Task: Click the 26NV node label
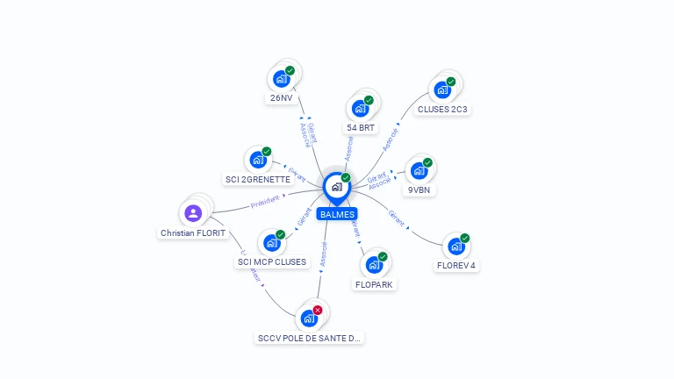pos(281,98)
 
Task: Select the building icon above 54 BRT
pos(359,109)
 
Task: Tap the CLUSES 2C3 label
pos(442,110)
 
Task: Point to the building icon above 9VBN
pos(419,171)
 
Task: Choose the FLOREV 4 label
pos(455,265)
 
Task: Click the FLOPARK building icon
pos(374,264)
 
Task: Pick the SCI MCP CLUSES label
pos(272,261)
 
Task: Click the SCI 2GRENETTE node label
pos(257,179)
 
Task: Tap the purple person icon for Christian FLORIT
pos(193,212)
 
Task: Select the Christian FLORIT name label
pos(193,233)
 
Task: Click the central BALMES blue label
pos(337,214)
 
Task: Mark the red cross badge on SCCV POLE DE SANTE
pos(318,310)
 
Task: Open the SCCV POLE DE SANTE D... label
pos(309,338)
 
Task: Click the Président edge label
pos(264,201)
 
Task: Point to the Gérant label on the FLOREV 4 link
pos(397,218)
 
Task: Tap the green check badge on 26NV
pos(290,70)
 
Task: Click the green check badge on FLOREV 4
pos(465,238)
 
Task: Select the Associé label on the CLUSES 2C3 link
pos(391,139)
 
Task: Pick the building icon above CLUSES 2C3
pos(441,89)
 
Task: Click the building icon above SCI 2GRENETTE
pos(257,160)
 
